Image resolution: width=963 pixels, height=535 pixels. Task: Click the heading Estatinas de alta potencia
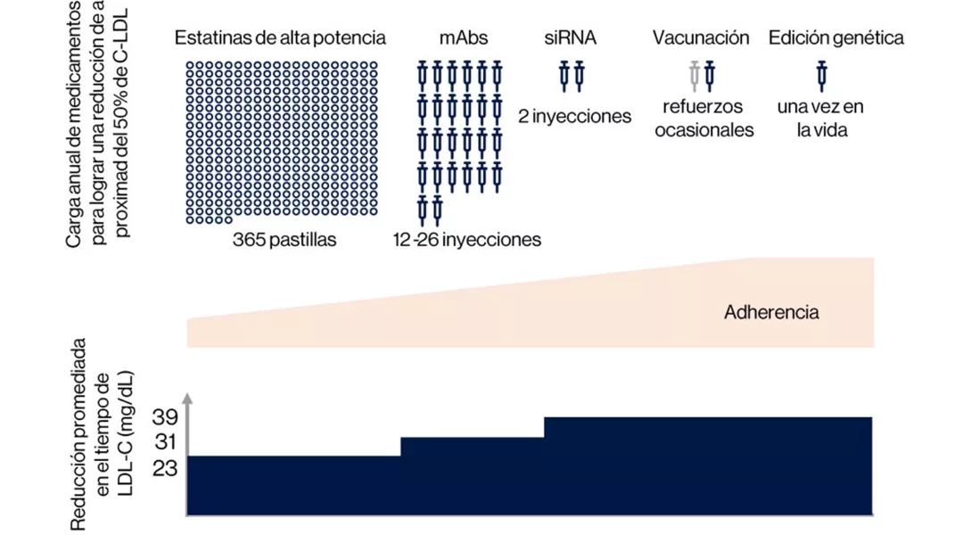[280, 37]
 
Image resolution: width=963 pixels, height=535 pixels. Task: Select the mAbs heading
[464, 37]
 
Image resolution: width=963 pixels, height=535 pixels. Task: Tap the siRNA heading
[571, 37]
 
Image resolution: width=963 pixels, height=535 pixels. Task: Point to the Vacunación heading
[701, 37]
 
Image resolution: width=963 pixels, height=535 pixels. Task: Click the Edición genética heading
[836, 37]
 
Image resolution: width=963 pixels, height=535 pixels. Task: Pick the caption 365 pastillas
[285, 240]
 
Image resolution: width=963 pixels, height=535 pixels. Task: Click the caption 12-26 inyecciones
[467, 240]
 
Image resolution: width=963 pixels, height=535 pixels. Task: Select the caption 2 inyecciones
[574, 116]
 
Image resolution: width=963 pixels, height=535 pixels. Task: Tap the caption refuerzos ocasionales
[704, 119]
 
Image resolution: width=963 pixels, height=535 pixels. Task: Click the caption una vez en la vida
[820, 119]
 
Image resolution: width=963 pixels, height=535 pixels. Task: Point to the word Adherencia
[771, 312]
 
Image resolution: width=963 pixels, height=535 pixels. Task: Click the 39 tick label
[166, 418]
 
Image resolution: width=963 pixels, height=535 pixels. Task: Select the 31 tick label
[166, 442]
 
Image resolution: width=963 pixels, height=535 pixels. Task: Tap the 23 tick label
[166, 466]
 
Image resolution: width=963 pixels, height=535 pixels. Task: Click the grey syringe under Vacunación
[695, 76]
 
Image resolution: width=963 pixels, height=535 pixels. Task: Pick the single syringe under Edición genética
[822, 76]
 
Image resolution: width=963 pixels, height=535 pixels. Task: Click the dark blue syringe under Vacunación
[710, 76]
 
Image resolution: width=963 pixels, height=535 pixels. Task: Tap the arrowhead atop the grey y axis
[187, 398]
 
